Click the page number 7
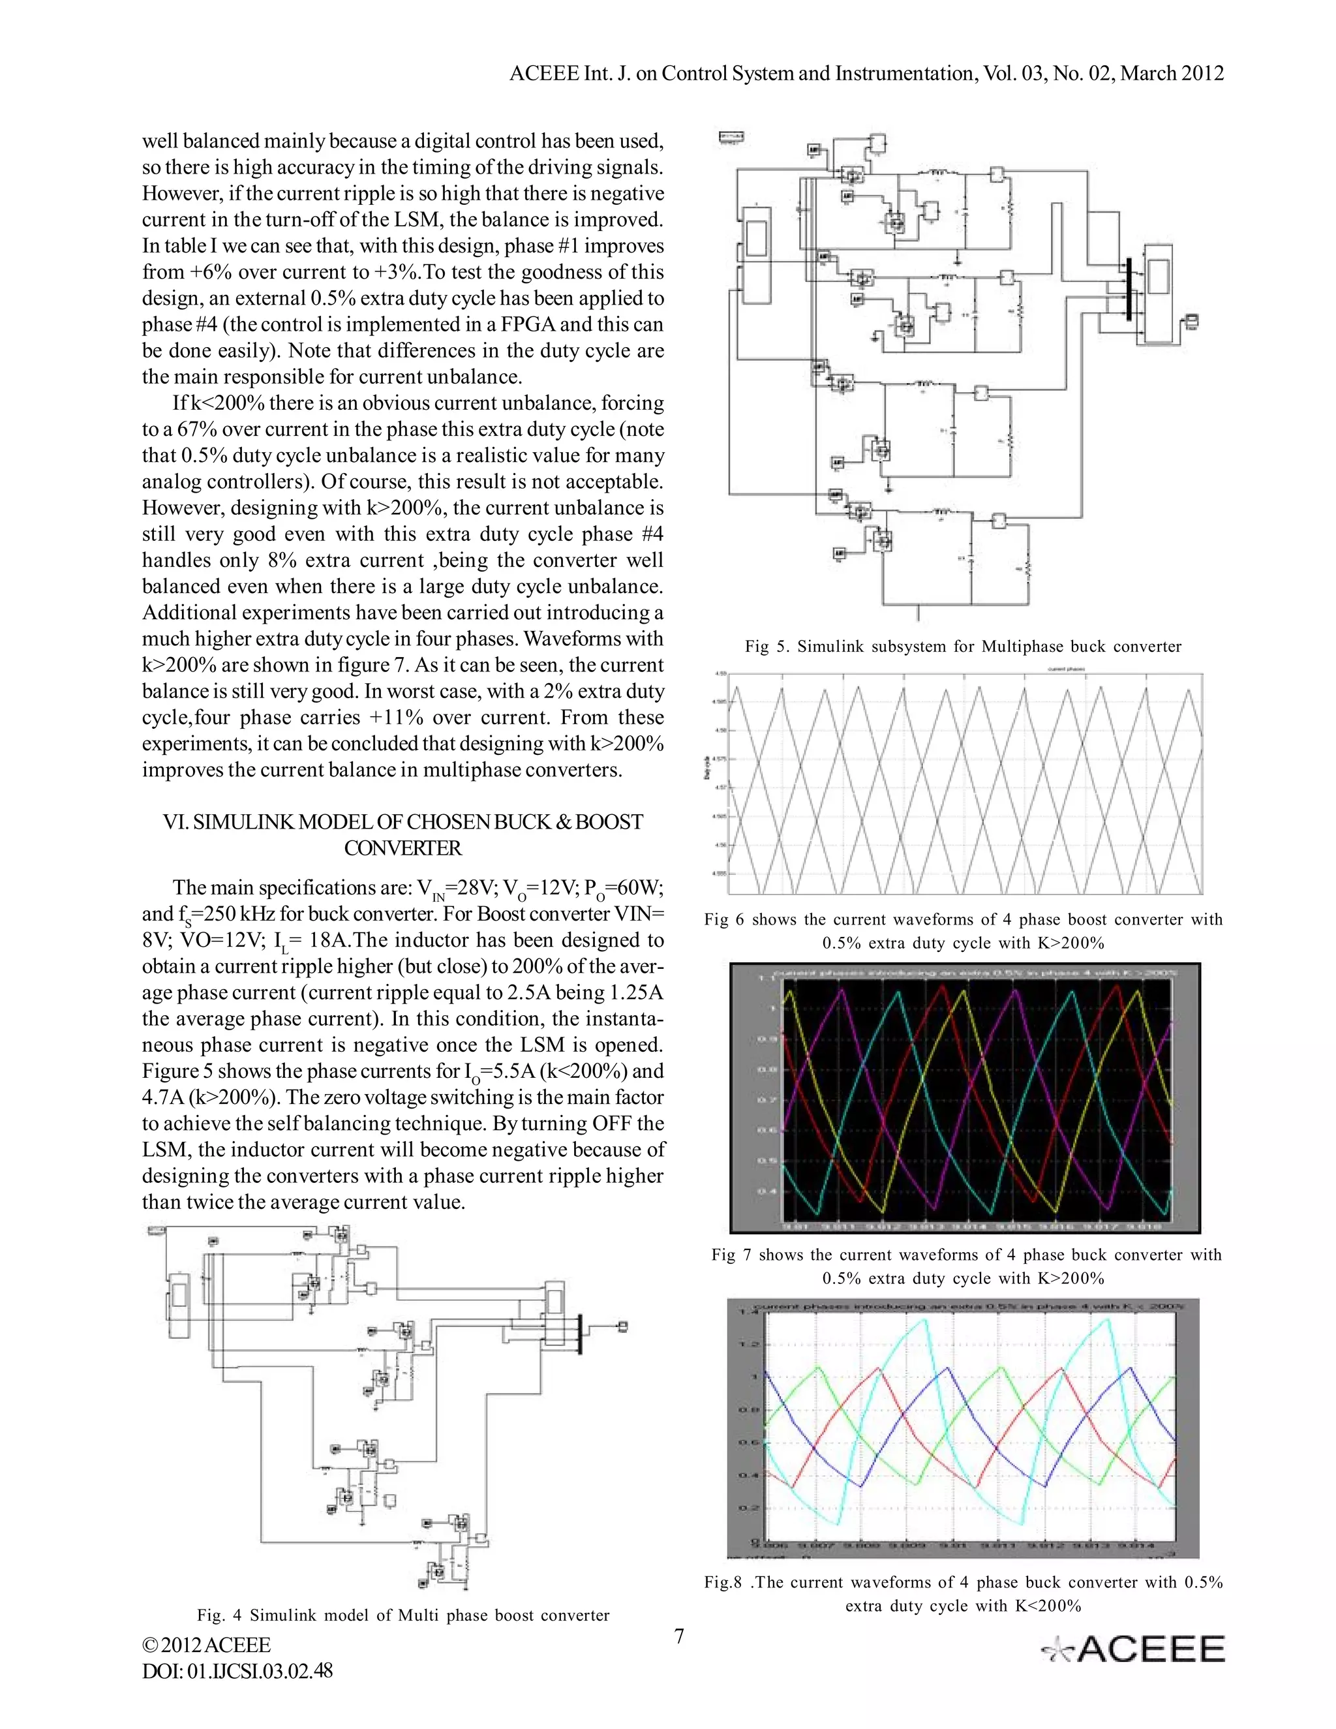(x=678, y=1636)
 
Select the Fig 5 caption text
(x=962, y=647)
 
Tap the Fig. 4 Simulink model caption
(x=403, y=1615)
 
